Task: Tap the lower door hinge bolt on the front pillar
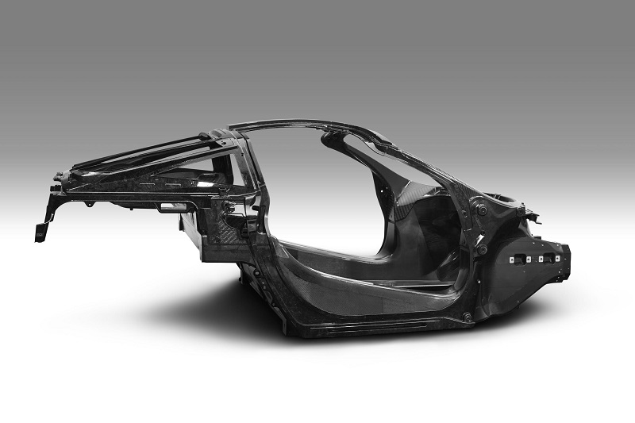coord(482,248)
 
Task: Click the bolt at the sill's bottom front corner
coord(466,317)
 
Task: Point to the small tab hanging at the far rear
coord(40,231)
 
